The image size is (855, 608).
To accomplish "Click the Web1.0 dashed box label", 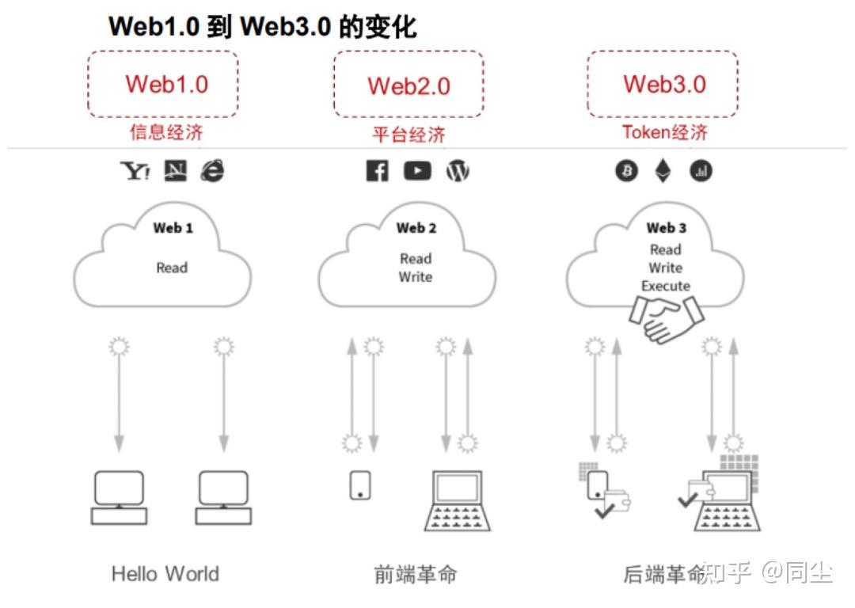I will tap(166, 84).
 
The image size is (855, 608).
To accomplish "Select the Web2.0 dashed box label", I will tap(408, 85).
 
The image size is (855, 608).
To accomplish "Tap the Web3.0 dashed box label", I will tap(664, 84).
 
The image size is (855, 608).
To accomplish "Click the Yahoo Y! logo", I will tap(135, 171).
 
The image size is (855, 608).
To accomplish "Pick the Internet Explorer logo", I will tap(212, 170).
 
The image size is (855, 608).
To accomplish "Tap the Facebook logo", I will tap(378, 171).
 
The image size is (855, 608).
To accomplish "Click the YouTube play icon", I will tap(417, 170).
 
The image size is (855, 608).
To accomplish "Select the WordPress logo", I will tap(458, 171).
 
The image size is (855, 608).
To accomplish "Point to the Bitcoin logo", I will tap(626, 171).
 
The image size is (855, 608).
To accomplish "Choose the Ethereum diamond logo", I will tap(663, 171).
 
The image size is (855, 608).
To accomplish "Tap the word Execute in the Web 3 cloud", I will tap(666, 286).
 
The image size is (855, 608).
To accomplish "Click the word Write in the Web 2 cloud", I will tap(416, 277).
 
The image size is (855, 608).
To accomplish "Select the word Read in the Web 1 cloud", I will tap(172, 268).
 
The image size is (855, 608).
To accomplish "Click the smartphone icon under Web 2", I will tap(360, 484).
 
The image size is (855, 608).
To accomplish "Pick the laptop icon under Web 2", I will tap(458, 500).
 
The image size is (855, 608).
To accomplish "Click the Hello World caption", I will tap(165, 573).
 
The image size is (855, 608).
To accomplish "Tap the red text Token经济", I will tap(664, 132).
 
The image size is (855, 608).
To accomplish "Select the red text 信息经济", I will tap(166, 132).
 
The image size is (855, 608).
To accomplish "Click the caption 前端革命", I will tap(415, 574).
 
